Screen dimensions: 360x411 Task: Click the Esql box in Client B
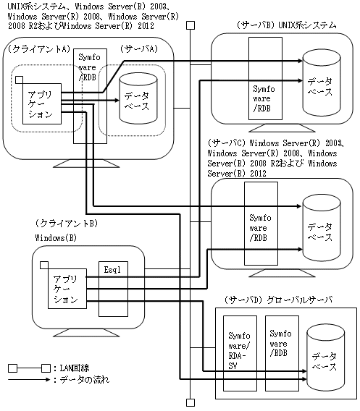[113, 289]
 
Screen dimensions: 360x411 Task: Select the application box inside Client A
[42, 103]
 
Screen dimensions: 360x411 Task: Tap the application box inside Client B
[67, 288]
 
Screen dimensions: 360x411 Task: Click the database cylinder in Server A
[138, 98]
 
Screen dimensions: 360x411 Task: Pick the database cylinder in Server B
[322, 82]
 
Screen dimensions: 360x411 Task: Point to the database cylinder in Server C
[322, 228]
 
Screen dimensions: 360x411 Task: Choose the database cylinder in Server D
[326, 357]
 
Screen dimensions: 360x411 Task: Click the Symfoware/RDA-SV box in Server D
[240, 353]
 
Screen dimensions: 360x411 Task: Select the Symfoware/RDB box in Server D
[282, 353]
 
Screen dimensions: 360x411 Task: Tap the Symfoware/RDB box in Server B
[266, 78]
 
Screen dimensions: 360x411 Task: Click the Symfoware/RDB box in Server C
[261, 224]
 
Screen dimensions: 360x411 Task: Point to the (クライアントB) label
[67, 224]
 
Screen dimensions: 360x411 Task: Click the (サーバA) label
[139, 48]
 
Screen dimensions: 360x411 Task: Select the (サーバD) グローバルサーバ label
[278, 300]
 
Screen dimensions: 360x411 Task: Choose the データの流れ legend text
[84, 380]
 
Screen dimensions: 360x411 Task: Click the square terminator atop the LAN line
[191, 25]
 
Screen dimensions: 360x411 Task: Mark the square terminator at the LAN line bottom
[191, 402]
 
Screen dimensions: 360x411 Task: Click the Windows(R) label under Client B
[56, 238]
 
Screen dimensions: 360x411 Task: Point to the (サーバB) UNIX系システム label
[286, 25]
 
